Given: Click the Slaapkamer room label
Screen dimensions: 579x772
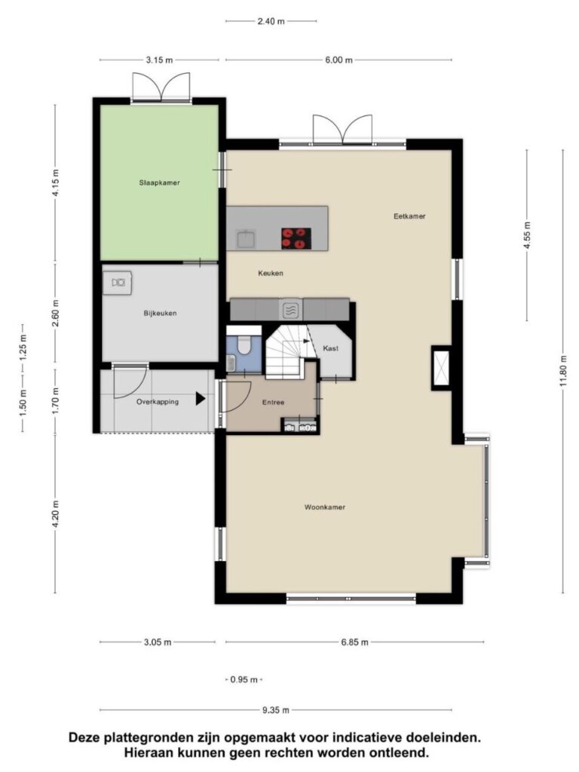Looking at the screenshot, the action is (160, 182).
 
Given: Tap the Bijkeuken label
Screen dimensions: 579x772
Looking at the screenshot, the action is (160, 313).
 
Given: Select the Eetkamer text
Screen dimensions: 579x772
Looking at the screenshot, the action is (409, 216).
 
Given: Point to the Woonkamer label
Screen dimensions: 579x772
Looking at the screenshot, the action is (324, 507).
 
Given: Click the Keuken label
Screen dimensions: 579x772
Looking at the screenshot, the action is (271, 273).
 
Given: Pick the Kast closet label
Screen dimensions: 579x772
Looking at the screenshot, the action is (330, 348).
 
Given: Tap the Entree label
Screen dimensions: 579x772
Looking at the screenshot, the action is (273, 403).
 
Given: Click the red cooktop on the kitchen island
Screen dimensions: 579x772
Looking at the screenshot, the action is (296, 238).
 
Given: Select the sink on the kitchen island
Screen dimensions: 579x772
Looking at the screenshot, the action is (246, 239).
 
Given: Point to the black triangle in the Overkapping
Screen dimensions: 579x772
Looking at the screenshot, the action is (201, 398).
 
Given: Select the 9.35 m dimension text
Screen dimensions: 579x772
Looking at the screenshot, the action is (276, 710).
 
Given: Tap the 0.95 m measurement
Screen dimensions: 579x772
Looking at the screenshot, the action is (244, 680).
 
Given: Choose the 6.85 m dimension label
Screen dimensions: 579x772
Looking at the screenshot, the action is (354, 642).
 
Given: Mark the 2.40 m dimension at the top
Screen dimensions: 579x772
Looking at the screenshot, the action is (271, 21).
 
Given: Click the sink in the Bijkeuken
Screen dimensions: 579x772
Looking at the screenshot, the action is (118, 283).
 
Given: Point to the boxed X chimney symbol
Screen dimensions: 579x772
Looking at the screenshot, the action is (440, 368).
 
